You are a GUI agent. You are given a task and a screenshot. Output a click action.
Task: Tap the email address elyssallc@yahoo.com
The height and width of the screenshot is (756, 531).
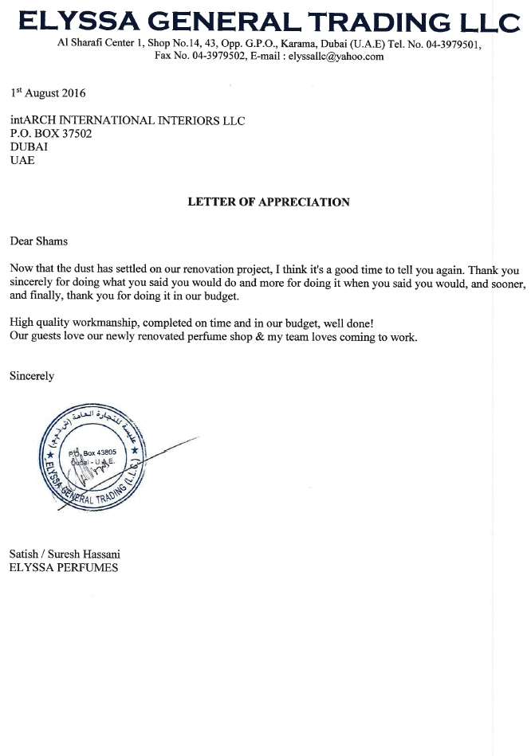(x=338, y=57)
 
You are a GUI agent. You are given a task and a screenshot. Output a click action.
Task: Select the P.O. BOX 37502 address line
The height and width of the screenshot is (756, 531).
(x=51, y=134)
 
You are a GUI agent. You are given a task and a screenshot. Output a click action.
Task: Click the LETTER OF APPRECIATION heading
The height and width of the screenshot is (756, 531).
(x=269, y=202)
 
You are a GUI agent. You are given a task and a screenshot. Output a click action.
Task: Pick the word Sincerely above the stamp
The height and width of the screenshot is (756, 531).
(x=32, y=376)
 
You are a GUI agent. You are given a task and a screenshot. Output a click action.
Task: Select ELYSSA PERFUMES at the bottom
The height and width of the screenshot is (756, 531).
(x=64, y=568)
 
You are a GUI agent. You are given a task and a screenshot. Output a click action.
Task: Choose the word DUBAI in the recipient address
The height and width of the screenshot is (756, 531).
(x=29, y=147)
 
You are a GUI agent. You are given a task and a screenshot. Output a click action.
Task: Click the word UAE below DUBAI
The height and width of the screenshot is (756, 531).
(x=22, y=160)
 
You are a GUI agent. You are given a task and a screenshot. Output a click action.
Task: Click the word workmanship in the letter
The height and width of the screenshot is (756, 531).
(x=106, y=323)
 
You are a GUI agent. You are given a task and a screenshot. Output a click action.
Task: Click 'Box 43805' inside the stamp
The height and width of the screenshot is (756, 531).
(x=100, y=452)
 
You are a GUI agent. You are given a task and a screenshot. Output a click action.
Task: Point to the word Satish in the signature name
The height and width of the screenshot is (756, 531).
(x=24, y=554)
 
